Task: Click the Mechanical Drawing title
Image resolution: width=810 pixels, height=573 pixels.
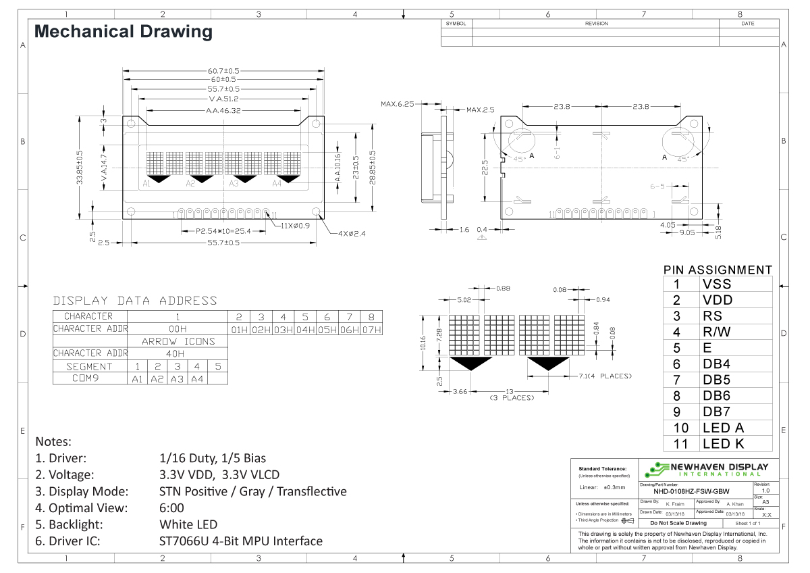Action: point(123,32)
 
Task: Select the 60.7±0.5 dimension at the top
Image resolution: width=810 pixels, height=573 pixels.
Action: point(223,70)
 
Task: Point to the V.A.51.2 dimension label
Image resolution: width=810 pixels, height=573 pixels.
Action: point(223,99)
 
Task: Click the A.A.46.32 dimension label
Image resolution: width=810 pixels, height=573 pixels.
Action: point(223,109)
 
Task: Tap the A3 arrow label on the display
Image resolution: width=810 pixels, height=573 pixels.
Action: point(234,183)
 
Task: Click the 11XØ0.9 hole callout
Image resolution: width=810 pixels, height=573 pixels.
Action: point(296,225)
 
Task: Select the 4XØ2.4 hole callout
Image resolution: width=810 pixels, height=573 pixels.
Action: point(352,234)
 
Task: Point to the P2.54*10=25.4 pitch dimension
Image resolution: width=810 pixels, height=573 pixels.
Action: point(223,231)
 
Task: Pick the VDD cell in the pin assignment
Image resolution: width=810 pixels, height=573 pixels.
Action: point(717,300)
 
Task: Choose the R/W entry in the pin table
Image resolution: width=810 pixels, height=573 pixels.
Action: point(716,332)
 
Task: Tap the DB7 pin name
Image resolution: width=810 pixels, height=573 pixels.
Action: point(716,412)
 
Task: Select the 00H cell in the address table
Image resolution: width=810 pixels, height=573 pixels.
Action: point(178,329)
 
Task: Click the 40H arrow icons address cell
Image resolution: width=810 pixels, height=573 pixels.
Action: point(178,353)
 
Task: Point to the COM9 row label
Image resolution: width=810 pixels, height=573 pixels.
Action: point(90,378)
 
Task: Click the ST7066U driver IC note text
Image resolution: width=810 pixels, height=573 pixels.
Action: point(240,541)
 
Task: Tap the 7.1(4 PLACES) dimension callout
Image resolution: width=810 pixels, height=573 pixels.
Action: point(605,376)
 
